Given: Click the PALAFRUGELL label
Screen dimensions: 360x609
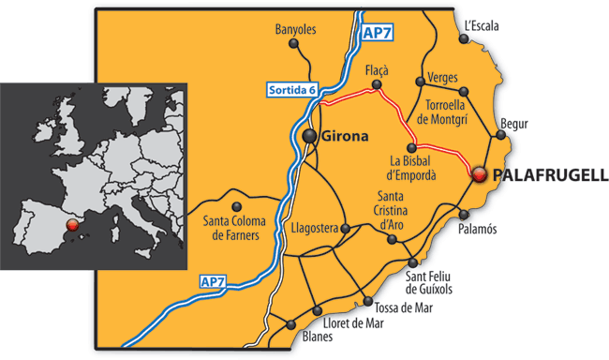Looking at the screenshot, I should pos(549,175).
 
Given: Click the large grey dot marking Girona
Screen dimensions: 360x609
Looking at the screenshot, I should pos(310,138).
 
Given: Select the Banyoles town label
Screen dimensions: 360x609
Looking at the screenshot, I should pos(298,30).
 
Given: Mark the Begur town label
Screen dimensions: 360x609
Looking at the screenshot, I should pos(513,124).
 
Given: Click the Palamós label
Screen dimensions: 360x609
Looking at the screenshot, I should pos(479,230).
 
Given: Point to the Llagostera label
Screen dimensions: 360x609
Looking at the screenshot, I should pos(314,228).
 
